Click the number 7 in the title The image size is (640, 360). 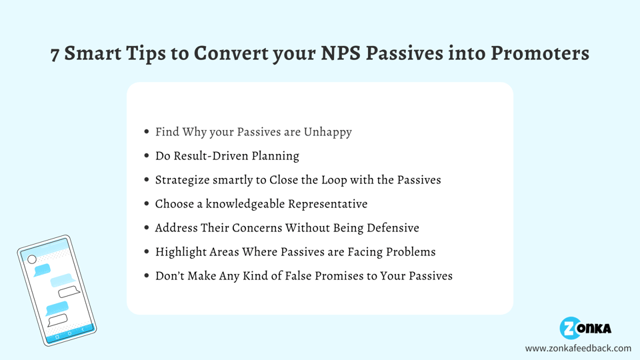click(56, 54)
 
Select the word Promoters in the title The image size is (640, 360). click(540, 53)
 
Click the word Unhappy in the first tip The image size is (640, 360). click(327, 132)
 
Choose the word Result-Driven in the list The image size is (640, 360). click(207, 156)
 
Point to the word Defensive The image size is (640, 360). click(389, 228)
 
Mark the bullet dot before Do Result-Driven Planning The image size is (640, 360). click(147, 156)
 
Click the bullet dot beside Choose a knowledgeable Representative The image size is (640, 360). click(147, 204)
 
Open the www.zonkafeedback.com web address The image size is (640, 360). click(578, 348)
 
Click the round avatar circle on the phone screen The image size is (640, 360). click(32, 259)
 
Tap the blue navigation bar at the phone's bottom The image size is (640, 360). click(69, 333)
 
